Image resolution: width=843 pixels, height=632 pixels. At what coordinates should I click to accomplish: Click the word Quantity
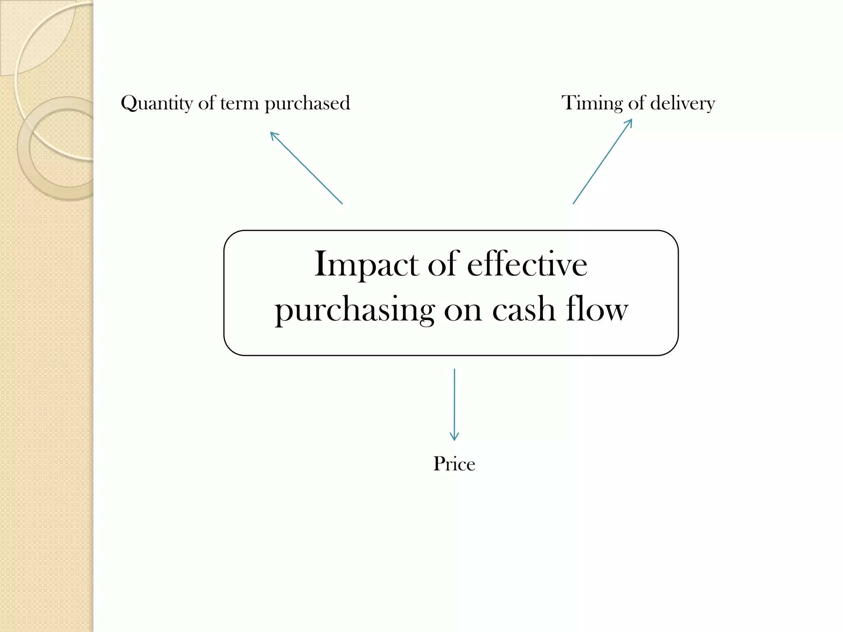pyautogui.click(x=156, y=103)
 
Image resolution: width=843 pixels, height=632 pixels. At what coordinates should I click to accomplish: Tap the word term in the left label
pyautogui.click(x=239, y=103)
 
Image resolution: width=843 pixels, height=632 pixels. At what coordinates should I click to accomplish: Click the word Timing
pyautogui.click(x=592, y=103)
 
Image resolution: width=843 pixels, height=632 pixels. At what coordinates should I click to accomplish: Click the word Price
pyautogui.click(x=454, y=464)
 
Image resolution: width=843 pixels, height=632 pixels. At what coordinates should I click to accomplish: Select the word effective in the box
pyautogui.click(x=527, y=264)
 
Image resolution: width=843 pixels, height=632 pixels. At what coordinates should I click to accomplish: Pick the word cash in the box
pyautogui.click(x=524, y=309)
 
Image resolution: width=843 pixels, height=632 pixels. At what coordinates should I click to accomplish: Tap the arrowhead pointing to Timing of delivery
pyautogui.click(x=629, y=122)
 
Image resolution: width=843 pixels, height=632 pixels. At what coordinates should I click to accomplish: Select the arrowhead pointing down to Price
pyautogui.click(x=454, y=437)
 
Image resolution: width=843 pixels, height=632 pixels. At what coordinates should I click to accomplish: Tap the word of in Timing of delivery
pyautogui.click(x=636, y=103)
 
